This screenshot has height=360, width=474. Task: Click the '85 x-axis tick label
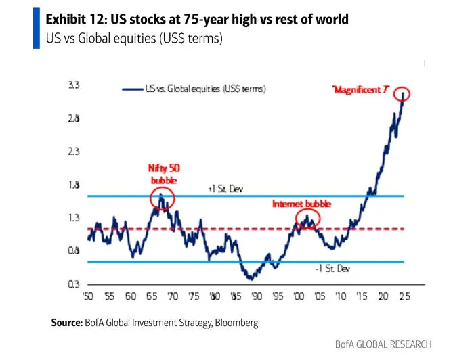point(236,296)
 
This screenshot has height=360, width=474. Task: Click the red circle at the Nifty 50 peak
point(162,198)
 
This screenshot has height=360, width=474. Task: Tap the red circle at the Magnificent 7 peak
point(404,94)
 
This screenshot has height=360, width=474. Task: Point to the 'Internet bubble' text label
point(301,204)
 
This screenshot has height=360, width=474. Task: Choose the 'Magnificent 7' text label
point(360,91)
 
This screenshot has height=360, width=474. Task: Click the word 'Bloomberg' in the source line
point(236,323)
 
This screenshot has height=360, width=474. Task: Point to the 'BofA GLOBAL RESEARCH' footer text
point(383,344)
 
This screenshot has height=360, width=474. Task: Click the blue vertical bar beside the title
point(37,28)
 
